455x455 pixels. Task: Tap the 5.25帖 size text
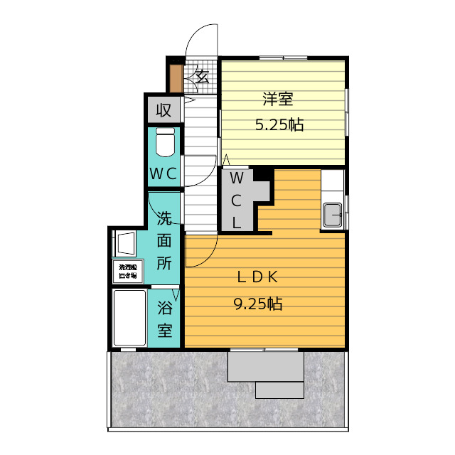279,125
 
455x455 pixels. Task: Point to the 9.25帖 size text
257,304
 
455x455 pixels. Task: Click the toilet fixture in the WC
165,143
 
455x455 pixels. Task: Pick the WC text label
164,173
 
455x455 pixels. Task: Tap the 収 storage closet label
164,110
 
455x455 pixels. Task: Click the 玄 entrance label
201,75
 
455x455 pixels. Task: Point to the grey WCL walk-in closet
237,200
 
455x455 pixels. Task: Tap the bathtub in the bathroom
129,317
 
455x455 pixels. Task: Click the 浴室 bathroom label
164,319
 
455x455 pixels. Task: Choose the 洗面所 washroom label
164,240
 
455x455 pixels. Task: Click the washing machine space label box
129,272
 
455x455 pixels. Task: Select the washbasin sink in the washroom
127,242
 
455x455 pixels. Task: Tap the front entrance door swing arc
203,40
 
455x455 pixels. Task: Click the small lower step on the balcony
279,390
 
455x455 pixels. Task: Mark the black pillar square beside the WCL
264,173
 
